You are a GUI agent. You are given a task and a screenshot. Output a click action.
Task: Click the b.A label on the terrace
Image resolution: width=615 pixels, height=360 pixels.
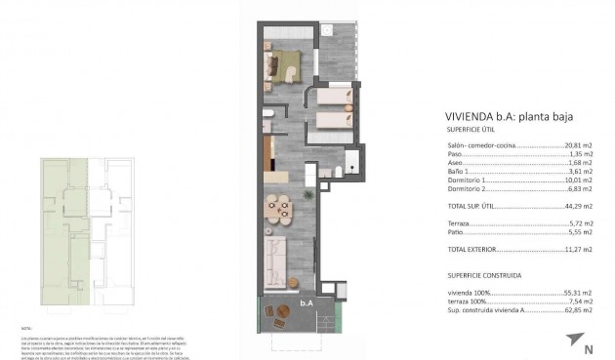click(x=306, y=303)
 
